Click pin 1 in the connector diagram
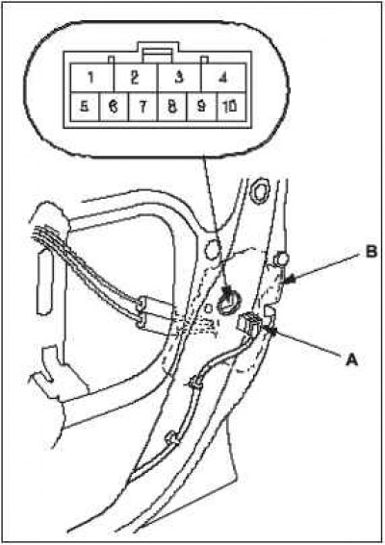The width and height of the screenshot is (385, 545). (91, 77)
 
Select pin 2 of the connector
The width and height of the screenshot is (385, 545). (135, 77)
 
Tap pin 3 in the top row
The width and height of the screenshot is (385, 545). (179, 77)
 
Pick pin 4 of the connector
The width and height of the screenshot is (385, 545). (223, 77)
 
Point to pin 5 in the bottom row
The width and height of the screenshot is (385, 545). (85, 107)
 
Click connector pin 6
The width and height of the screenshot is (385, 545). (114, 107)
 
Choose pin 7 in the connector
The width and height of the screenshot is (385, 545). (143, 107)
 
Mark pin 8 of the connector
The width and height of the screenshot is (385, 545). (172, 107)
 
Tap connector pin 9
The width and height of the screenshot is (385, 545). (202, 107)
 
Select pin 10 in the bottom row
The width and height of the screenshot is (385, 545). (231, 107)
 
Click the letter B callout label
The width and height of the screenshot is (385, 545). (372, 252)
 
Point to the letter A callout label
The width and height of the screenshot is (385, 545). (351, 359)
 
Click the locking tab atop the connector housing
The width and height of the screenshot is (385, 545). (158, 53)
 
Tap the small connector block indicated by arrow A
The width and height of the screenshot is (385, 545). (248, 322)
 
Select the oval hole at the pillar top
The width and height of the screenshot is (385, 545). (261, 191)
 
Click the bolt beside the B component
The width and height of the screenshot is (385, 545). (281, 260)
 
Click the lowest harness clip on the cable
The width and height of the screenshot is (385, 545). (172, 438)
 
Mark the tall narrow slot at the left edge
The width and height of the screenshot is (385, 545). (44, 284)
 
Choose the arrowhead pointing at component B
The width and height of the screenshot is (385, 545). (290, 279)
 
